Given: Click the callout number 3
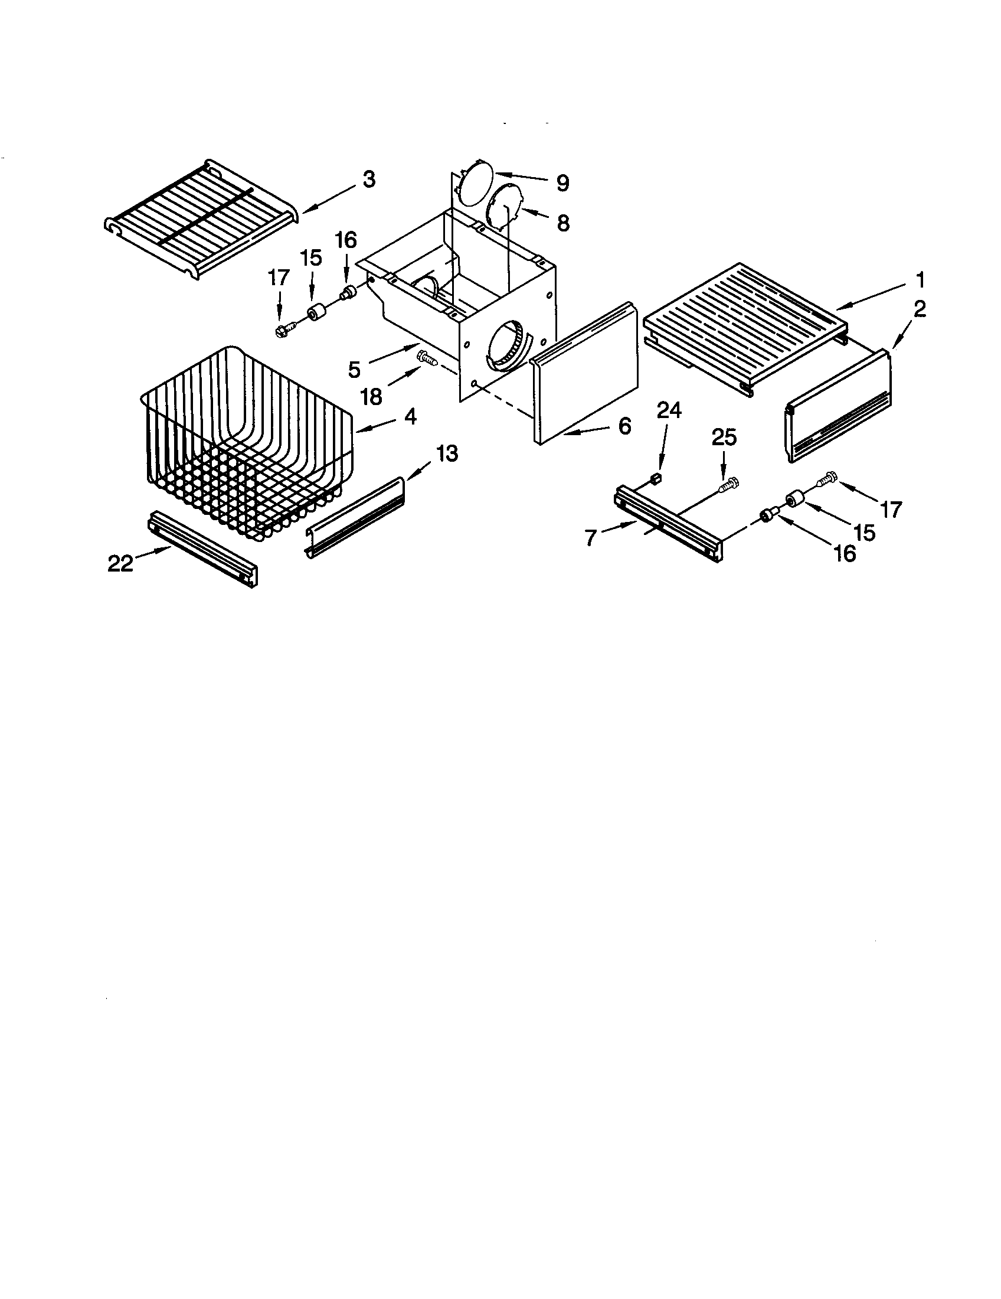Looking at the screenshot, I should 369,179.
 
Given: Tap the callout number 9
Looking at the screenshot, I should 562,182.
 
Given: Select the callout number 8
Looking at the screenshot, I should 562,223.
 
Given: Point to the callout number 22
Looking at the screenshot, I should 120,563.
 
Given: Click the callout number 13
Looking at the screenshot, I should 447,455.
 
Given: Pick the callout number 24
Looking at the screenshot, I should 669,410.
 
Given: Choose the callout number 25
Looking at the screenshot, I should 724,438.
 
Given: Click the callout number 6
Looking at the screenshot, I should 623,426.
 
